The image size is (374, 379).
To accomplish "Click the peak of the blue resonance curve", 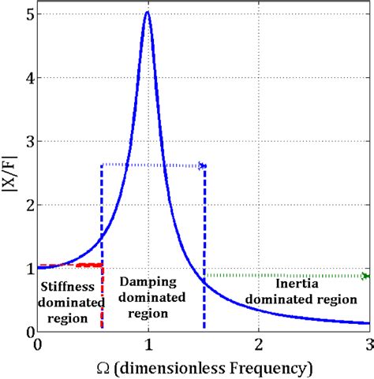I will tap(148, 13).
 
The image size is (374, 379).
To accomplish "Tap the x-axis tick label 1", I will tap(148, 345).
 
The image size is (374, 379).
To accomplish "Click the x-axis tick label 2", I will tap(259, 345).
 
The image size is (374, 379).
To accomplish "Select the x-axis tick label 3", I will tap(368, 345).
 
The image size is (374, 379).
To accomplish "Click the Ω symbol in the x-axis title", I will tap(105, 367).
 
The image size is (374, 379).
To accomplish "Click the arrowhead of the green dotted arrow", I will tap(365, 276).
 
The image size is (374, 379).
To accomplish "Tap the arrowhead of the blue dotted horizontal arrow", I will tap(203, 165).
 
